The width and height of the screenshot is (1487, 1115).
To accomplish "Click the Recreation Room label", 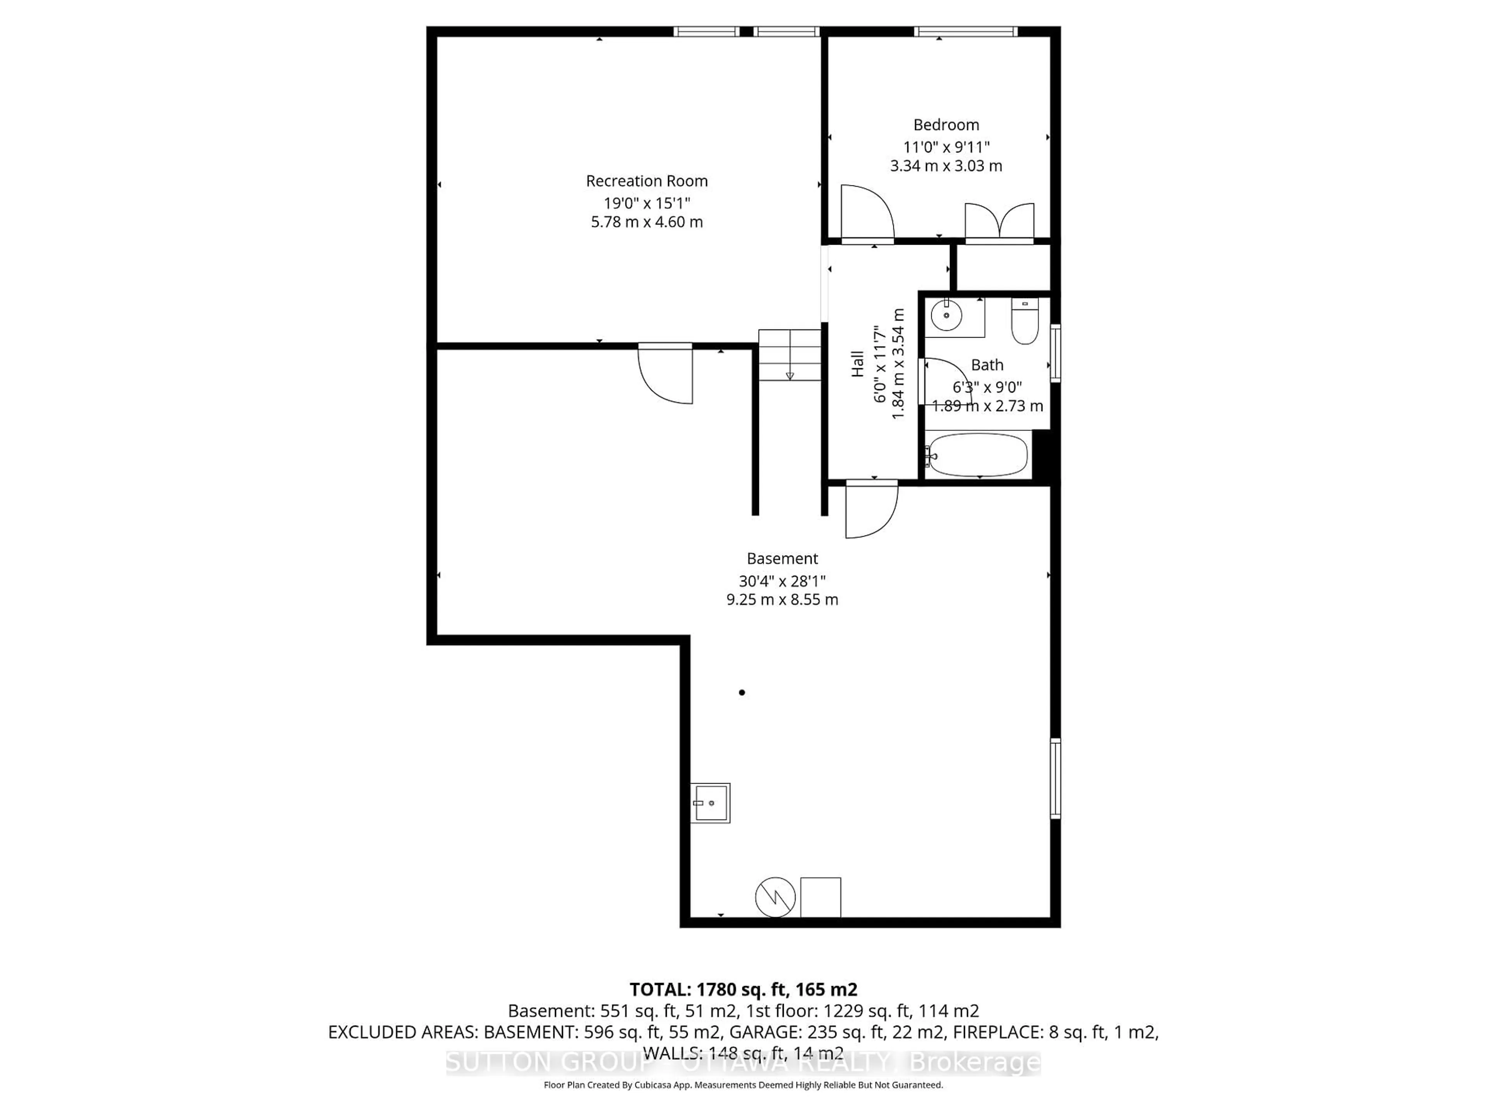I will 647,181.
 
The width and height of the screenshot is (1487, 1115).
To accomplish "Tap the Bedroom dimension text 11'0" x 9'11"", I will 946,146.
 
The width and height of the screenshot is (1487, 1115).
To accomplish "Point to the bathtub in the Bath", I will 978,455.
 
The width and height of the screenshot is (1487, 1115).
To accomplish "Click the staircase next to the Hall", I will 790,355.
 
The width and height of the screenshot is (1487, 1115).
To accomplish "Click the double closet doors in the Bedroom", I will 999,222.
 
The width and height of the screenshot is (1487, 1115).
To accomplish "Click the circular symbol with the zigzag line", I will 775,897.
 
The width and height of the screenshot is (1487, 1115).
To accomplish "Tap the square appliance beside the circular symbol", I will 820,897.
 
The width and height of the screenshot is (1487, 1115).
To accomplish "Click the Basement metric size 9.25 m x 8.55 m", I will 782,599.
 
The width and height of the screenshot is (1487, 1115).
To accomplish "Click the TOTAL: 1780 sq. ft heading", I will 743,989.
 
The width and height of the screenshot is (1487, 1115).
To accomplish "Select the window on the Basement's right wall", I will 1055,778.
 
